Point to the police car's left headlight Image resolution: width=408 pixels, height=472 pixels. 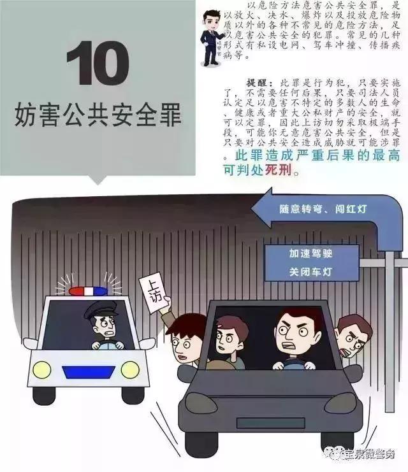tap(42, 369)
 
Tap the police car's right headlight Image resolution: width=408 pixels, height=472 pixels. tap(129, 369)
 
